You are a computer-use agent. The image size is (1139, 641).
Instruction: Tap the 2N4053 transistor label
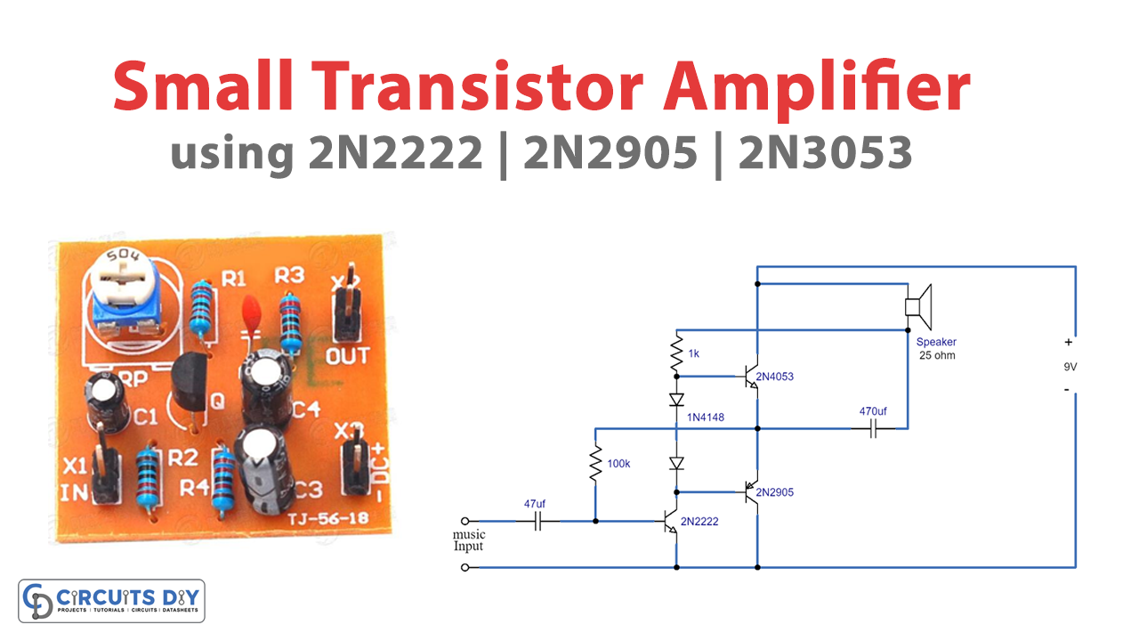pos(774,377)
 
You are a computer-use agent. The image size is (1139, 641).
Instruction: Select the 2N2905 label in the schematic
pos(774,492)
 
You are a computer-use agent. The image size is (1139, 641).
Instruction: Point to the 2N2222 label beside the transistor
pos(699,522)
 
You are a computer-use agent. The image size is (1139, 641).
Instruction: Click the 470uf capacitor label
pos(873,412)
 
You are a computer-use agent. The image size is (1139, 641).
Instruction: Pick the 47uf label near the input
pos(534,504)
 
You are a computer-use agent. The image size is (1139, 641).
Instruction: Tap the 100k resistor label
pos(619,464)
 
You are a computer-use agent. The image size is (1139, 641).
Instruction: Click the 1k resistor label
pos(694,353)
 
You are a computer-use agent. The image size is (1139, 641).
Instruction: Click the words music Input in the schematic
pos(469,540)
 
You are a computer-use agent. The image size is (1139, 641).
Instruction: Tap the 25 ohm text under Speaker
pos(938,355)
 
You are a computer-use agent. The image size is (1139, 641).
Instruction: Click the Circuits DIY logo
pos(111,601)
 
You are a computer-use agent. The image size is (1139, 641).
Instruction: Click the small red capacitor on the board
pos(252,310)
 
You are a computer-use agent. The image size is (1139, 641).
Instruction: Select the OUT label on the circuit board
pos(348,357)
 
